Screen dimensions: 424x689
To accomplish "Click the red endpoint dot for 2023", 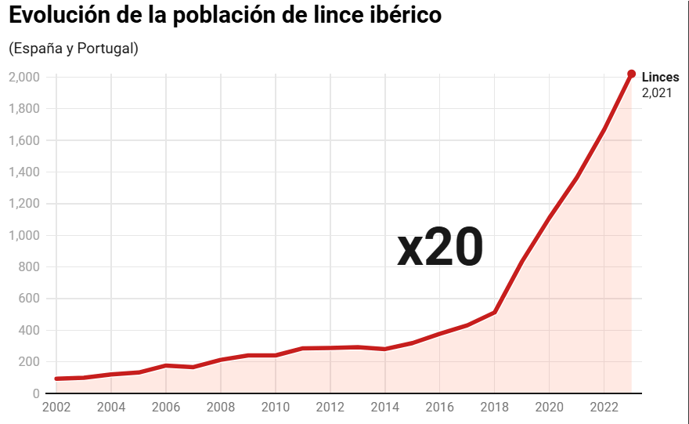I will [x=631, y=74].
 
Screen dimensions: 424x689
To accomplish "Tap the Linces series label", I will [x=660, y=78].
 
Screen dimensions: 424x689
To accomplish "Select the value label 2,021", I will [x=656, y=92].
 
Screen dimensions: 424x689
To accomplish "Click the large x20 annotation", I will [x=440, y=248].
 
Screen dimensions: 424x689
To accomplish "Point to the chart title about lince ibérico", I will [x=225, y=16].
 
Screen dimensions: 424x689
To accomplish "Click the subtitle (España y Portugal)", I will [x=74, y=49].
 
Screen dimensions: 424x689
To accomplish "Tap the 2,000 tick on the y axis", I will [x=24, y=78].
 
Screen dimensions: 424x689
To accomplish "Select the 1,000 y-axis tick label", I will [x=24, y=235].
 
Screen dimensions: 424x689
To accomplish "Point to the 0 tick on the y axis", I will [x=36, y=393].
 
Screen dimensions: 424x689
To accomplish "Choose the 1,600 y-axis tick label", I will [x=24, y=140].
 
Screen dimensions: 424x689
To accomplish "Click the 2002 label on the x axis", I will [x=56, y=408].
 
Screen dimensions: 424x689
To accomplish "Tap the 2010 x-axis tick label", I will [x=275, y=408].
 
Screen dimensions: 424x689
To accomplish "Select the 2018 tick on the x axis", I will [x=494, y=408].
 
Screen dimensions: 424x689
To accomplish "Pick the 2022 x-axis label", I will [x=604, y=408].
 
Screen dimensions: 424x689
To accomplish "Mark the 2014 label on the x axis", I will [x=384, y=408].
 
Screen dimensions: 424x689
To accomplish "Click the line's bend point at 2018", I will [x=494, y=312].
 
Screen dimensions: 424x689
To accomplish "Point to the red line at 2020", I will [x=549, y=218].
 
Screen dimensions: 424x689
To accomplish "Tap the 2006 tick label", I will [x=166, y=408].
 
